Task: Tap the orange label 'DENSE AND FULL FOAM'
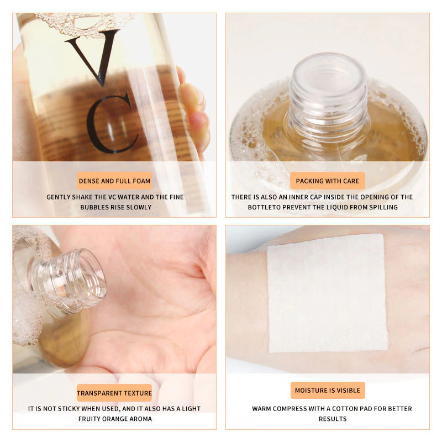pyautogui.click(x=114, y=181)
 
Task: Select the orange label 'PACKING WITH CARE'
pyautogui.click(x=328, y=181)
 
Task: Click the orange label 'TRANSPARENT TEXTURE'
pyautogui.click(x=114, y=393)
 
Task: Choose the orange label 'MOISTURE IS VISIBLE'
pyautogui.click(x=328, y=391)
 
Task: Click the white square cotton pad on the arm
pyautogui.click(x=328, y=293)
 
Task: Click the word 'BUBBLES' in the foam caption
pyautogui.click(x=91, y=207)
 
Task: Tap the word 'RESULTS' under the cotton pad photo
pyautogui.click(x=333, y=419)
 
